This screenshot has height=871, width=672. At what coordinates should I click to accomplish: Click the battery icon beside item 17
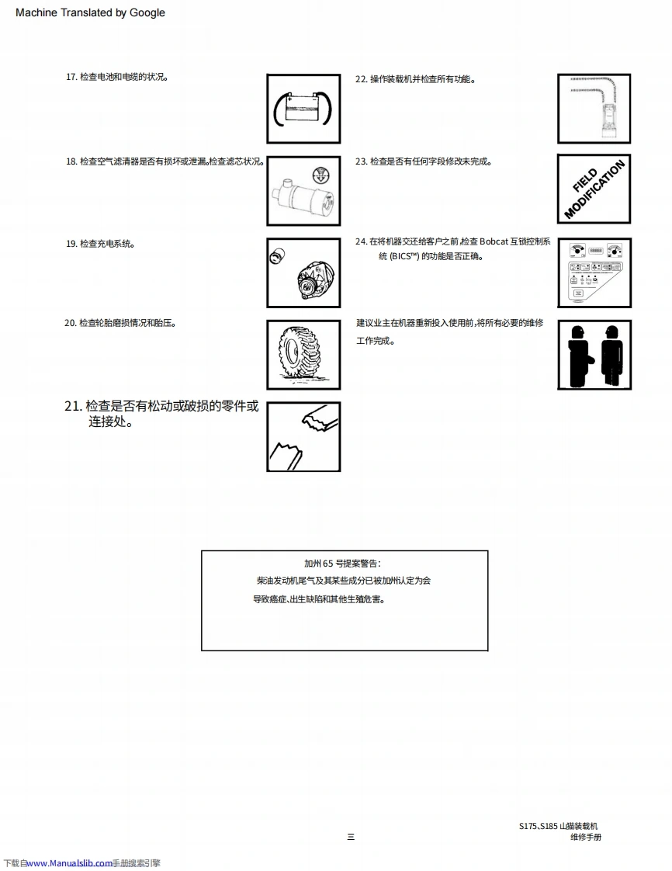tap(303, 109)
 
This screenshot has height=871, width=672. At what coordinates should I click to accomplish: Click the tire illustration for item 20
tap(303, 355)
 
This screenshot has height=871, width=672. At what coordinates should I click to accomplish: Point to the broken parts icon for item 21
tap(303, 436)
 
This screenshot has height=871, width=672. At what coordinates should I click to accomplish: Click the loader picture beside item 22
tap(594, 109)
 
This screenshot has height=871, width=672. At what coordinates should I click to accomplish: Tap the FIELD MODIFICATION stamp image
tap(594, 189)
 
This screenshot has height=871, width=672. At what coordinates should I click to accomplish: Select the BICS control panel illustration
tap(594, 272)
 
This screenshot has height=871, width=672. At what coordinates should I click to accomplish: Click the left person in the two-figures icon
tap(577, 355)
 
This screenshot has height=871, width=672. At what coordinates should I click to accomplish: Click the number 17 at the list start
tap(71, 78)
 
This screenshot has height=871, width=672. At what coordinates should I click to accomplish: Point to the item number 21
tap(73, 407)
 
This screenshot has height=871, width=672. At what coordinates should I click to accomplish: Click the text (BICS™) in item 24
tap(403, 256)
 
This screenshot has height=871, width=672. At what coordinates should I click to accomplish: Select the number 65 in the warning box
tap(328, 564)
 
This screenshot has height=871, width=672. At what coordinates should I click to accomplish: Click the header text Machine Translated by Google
tap(90, 12)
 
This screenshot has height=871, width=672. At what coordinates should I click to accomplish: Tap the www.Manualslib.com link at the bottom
tap(70, 863)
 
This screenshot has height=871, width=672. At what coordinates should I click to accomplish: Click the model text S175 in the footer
tap(528, 827)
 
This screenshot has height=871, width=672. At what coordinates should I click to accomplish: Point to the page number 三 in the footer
tap(351, 837)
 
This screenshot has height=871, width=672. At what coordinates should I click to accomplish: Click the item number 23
tap(361, 161)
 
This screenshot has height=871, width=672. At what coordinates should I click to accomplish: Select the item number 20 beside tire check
tap(70, 323)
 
